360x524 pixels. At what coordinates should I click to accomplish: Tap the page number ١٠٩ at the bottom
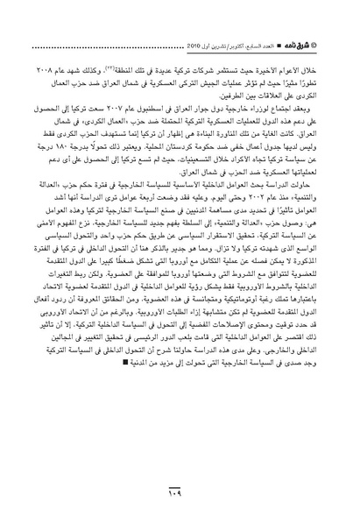(x=180, y=501)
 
